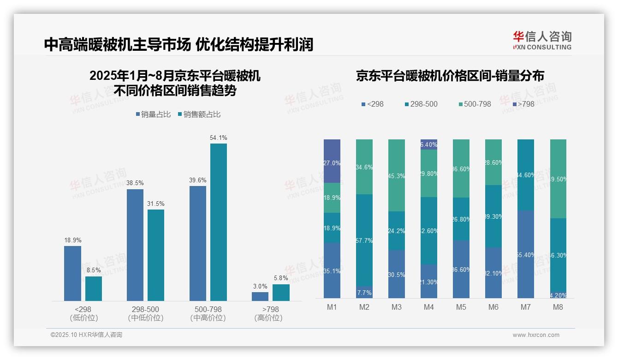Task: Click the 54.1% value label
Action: click(219, 138)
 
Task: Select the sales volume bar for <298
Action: click(72, 273)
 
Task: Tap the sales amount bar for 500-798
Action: click(219, 222)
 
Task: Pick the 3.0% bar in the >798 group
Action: click(260, 296)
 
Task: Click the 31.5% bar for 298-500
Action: click(156, 255)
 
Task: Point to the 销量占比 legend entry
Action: click(154, 114)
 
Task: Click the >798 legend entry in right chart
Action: click(523, 104)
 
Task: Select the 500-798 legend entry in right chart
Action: click(475, 104)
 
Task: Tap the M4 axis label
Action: click(429, 307)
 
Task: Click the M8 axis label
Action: click(558, 307)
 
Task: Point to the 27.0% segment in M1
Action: click(332, 161)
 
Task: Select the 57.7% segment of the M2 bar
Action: click(364, 240)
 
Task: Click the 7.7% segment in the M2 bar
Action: click(364, 293)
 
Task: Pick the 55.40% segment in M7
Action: click(526, 254)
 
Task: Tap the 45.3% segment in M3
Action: click(397, 175)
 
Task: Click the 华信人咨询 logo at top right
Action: click(542, 40)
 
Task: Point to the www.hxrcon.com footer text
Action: click(536, 335)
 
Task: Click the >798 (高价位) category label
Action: click(268, 313)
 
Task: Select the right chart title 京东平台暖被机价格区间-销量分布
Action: click(450, 76)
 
